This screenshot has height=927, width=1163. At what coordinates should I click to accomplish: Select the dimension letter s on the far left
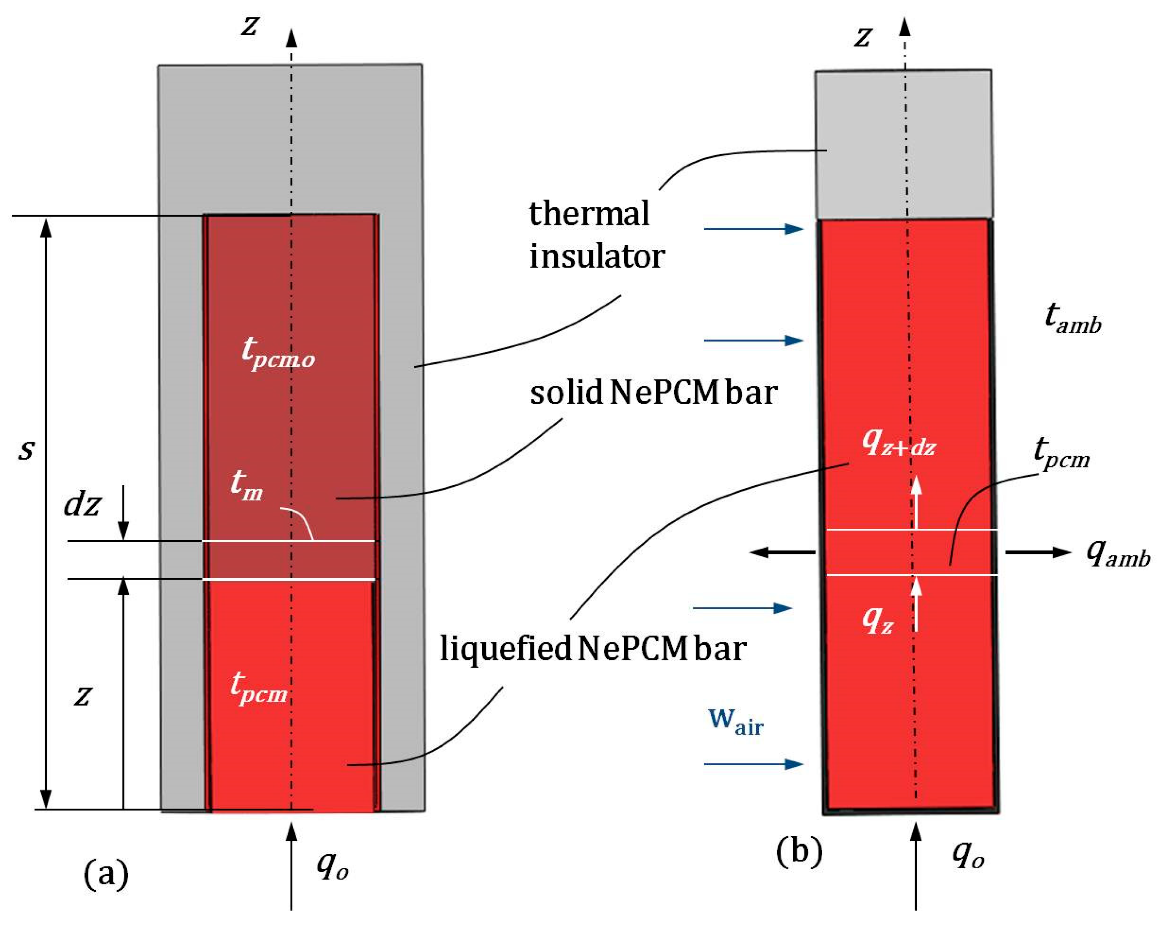click(26, 449)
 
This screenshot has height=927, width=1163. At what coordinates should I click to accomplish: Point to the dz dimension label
click(82, 505)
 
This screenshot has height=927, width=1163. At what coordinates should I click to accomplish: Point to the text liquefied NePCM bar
click(593, 649)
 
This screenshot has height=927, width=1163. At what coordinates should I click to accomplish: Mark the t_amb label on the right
click(1072, 318)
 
